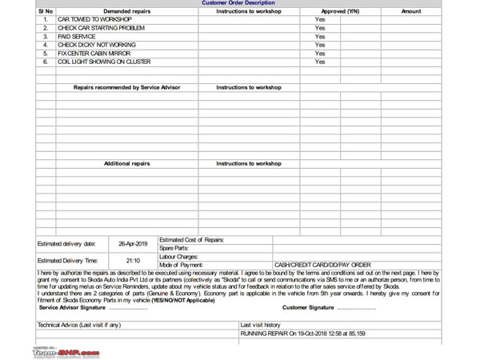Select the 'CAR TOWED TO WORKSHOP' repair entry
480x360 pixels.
87,19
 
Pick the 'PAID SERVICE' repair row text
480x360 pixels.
71,37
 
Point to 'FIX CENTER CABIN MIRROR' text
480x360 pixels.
92,54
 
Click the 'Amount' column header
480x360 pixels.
411,11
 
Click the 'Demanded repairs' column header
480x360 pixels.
126,11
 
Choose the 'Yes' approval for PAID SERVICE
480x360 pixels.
320,37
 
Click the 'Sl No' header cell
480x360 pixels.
46,11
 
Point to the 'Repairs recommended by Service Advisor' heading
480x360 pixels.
126,87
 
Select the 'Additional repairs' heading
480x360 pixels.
126,163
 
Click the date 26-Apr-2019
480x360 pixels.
133,243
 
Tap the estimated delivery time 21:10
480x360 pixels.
133,260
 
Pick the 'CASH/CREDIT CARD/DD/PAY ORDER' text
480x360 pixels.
322,264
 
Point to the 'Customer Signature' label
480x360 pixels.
330,306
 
